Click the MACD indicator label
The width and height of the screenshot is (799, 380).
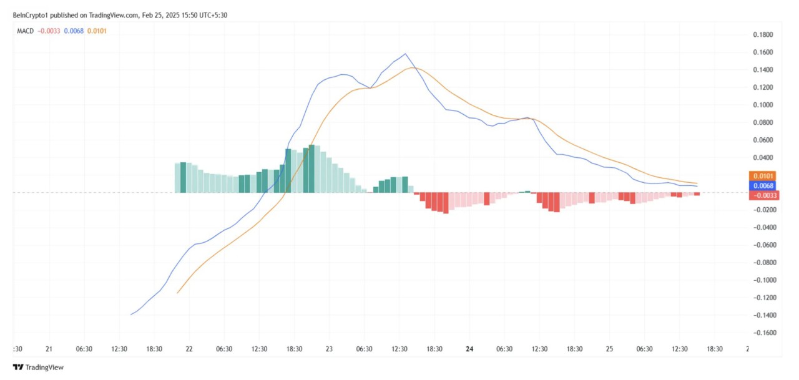tap(26, 31)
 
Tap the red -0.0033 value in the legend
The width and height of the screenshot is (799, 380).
tap(49, 31)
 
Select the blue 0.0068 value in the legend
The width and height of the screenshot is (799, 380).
tap(74, 31)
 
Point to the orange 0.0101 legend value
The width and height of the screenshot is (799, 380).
tap(97, 31)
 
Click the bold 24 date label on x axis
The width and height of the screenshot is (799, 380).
tap(469, 349)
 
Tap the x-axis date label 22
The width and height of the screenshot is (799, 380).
tap(189, 349)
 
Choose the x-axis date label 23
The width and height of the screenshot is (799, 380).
tap(329, 349)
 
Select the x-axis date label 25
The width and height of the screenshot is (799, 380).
tap(610, 349)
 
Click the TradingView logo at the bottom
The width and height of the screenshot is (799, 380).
tap(39, 368)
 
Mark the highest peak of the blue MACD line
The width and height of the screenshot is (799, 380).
tap(406, 54)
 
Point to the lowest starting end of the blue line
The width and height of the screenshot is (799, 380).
tap(131, 314)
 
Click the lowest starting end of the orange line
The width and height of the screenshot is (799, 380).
tap(178, 293)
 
